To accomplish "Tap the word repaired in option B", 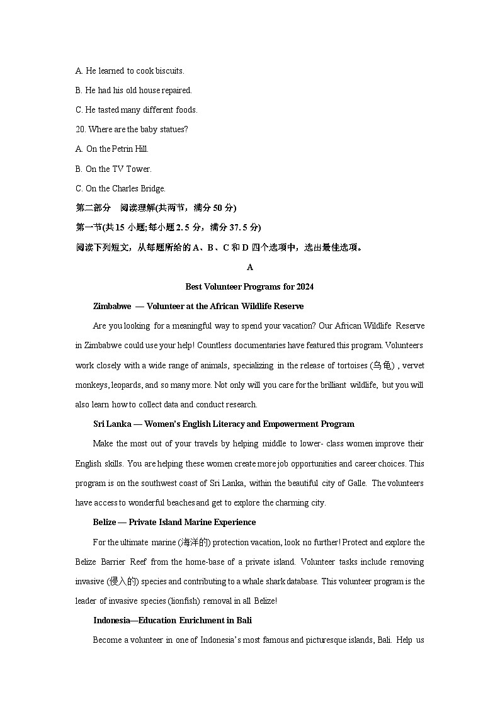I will click(176, 90).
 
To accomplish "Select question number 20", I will click(81, 129).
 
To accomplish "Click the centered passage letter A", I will click(250, 267).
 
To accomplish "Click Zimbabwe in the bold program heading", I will click(112, 306).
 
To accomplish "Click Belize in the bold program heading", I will click(105, 522).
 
